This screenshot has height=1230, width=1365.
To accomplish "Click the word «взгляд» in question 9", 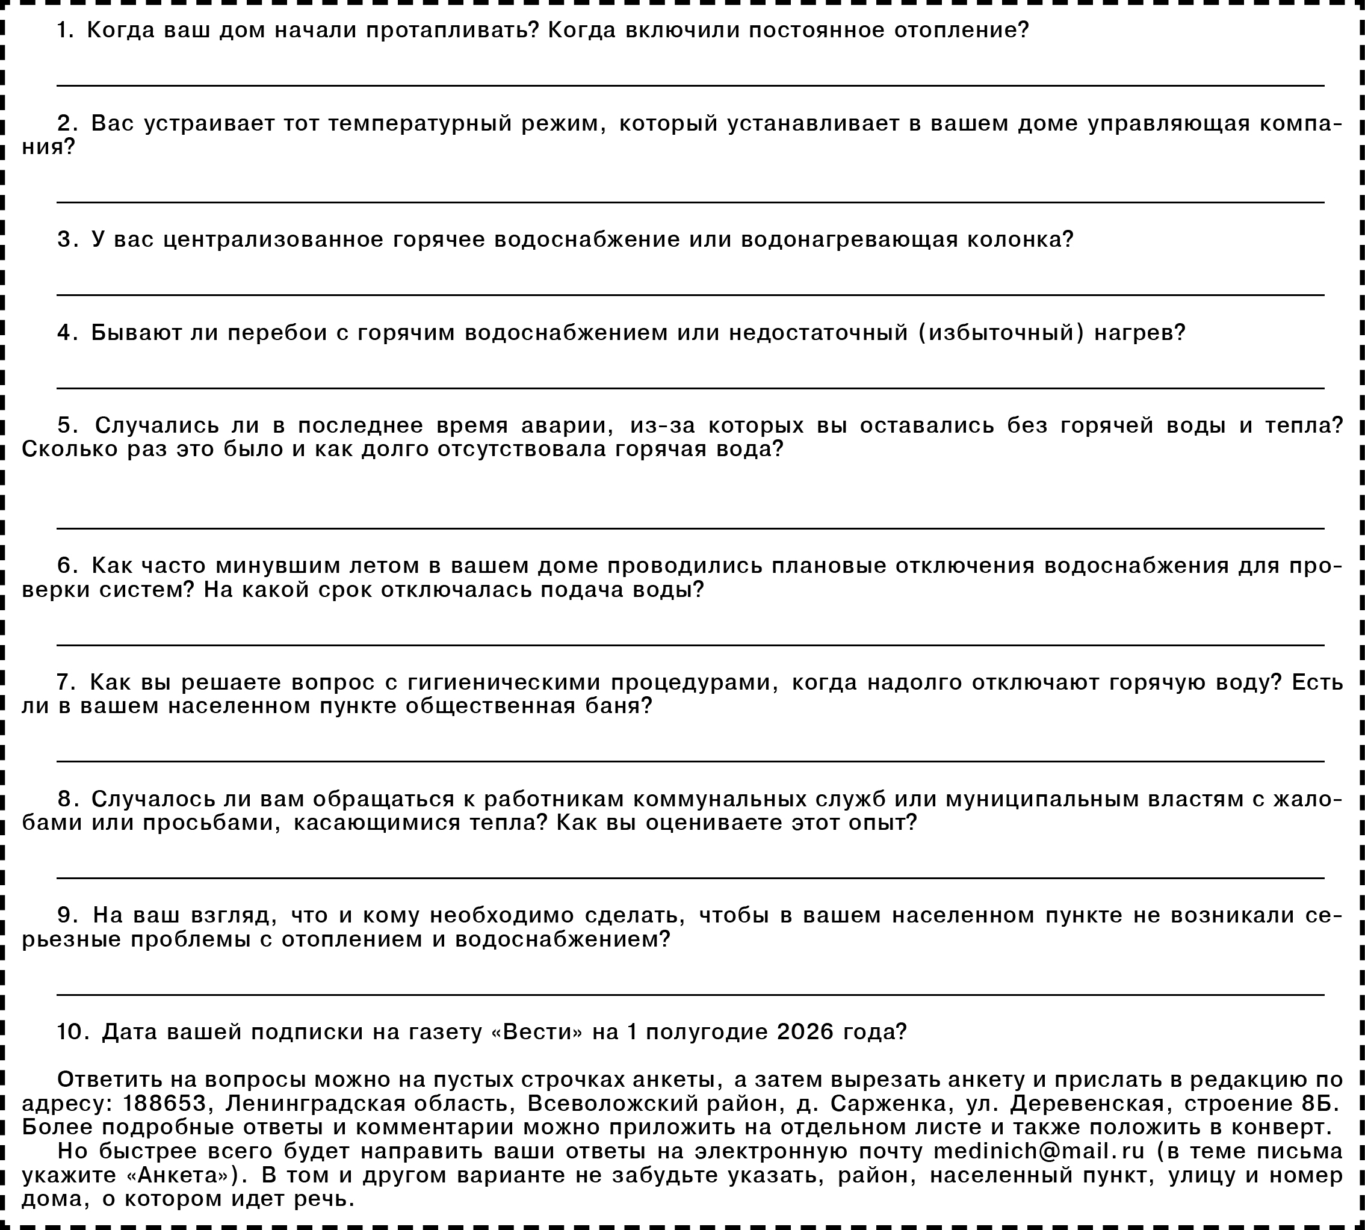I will pyautogui.click(x=234, y=916).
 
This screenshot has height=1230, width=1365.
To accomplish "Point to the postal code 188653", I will pyautogui.click(x=164, y=1104).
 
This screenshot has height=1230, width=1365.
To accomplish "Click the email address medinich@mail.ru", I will pyautogui.click(x=1039, y=1151).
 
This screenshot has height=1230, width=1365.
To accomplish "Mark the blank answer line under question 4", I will pyautogui.click(x=689, y=388).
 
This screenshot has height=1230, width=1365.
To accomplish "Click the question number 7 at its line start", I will pyautogui.click(x=66, y=682).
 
